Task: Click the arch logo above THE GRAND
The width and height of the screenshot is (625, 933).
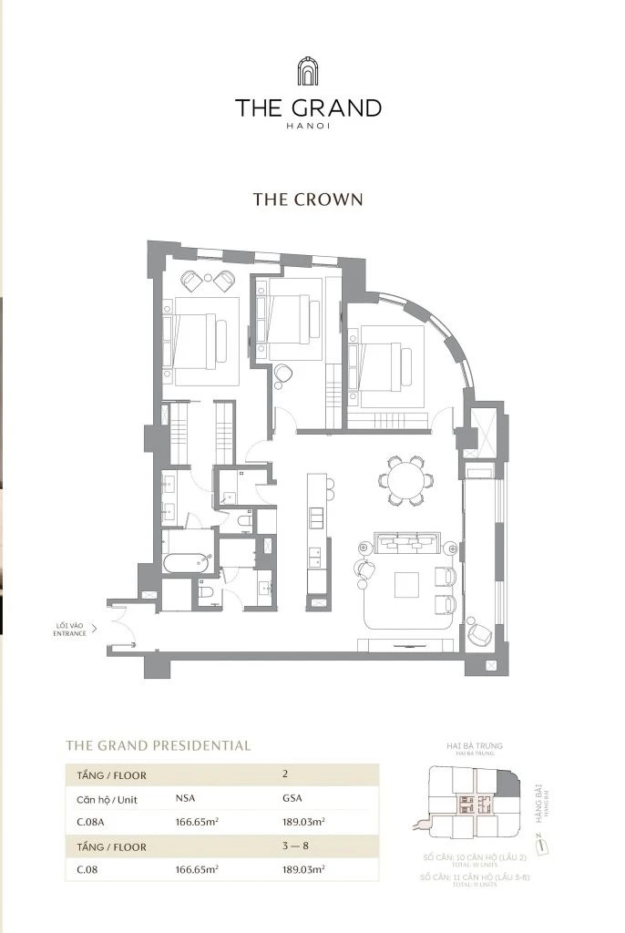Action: coord(308,72)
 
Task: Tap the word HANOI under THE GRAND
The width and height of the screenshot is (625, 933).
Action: coord(308,126)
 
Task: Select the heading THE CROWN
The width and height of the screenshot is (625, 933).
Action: coord(308,200)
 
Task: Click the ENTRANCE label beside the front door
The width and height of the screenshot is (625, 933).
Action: coord(69,632)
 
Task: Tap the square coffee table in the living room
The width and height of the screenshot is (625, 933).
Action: coord(407,584)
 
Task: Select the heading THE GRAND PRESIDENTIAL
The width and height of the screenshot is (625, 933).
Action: coord(158,745)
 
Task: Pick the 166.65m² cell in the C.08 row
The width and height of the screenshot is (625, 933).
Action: coord(197,870)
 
